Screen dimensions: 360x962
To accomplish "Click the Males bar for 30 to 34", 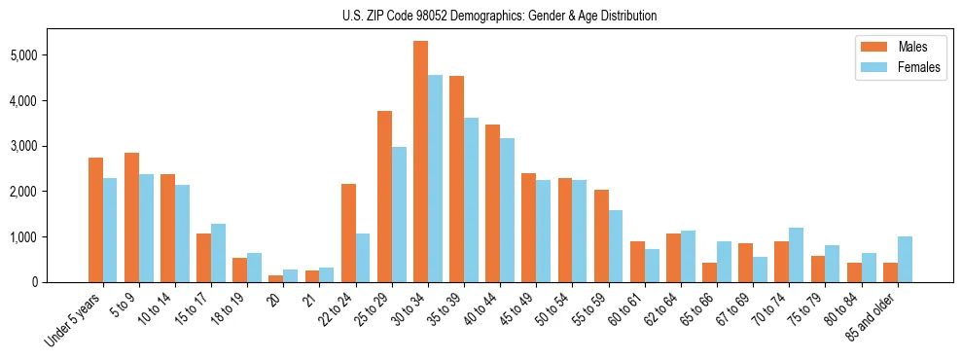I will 420,162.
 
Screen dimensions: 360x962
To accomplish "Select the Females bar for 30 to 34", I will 435,178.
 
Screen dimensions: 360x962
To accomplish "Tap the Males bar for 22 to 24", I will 348,233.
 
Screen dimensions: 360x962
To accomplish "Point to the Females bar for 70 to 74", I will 796,255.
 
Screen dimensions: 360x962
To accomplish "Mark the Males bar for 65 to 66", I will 709,272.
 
